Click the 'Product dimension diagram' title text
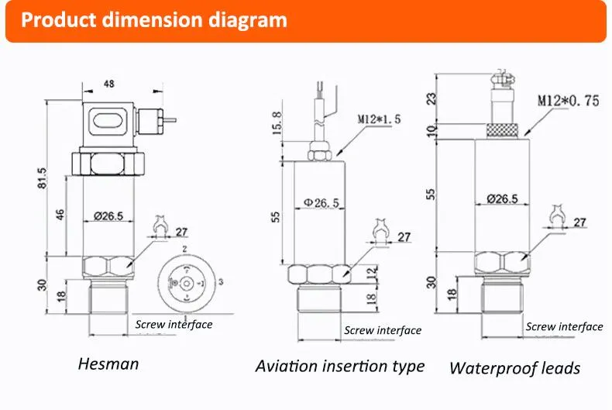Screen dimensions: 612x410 pos(154,19)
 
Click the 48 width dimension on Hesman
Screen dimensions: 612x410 pos(109,84)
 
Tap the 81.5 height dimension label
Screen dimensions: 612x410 pos(42,178)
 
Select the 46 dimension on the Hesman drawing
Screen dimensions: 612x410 pos(60,215)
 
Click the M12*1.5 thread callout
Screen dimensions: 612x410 pos(379,119)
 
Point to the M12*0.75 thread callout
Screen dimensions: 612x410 pos(569,101)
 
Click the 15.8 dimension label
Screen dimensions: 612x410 pos(277,122)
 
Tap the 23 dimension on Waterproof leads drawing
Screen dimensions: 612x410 pos(431,98)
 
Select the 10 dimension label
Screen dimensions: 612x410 pos(431,130)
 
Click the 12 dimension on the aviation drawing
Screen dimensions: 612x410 pos(373,271)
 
